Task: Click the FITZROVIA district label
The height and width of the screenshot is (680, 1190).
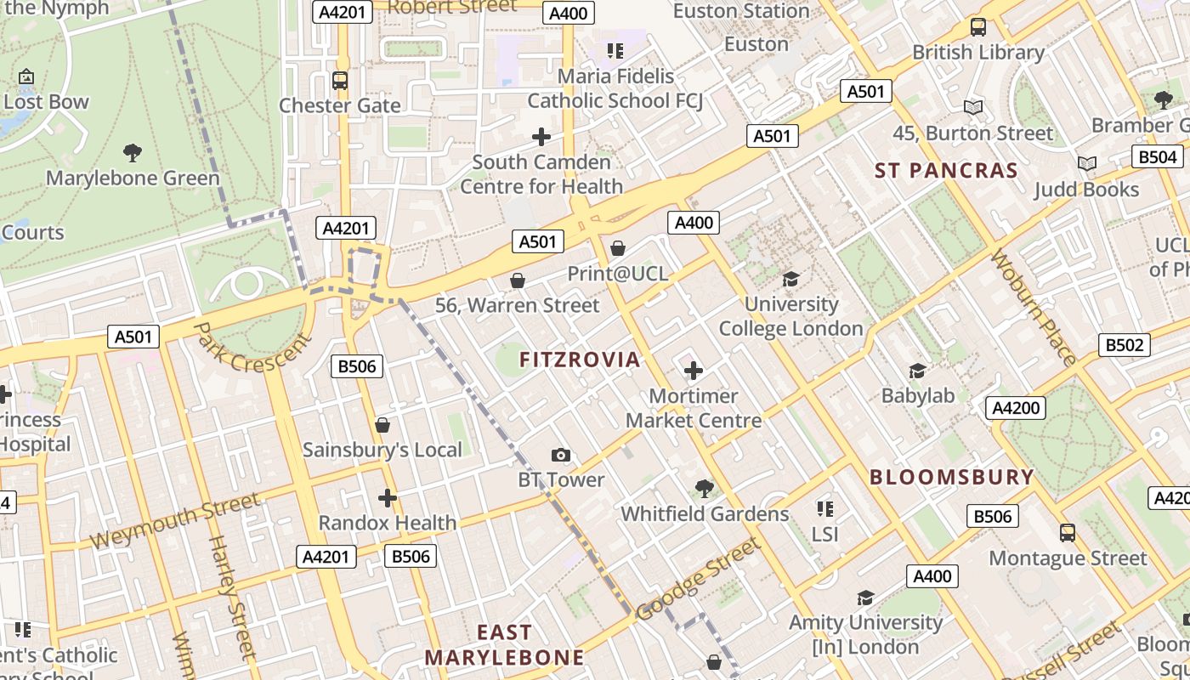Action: tap(580, 360)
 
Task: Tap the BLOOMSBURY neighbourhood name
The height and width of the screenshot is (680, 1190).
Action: tap(951, 477)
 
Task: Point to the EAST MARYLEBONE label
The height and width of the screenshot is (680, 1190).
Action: tap(505, 645)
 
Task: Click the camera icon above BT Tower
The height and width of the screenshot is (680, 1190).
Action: tap(561, 456)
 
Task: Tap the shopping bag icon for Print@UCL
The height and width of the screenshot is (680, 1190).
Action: tap(618, 248)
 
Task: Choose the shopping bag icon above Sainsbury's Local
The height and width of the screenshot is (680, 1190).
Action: tap(382, 425)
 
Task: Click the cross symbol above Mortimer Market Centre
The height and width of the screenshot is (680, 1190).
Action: tap(694, 371)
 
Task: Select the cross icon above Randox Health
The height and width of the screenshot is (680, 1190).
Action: tap(388, 498)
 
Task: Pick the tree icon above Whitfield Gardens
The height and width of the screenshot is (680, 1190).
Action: tap(704, 489)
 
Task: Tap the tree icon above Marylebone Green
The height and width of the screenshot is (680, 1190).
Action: tap(132, 153)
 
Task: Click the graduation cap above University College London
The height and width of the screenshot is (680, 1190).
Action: tap(790, 279)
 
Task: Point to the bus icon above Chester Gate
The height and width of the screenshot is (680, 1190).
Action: tap(340, 81)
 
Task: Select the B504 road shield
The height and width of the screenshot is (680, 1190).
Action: tap(1158, 157)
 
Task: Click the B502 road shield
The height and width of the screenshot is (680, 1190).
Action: tap(1124, 345)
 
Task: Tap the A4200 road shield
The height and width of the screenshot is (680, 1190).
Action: tap(1016, 408)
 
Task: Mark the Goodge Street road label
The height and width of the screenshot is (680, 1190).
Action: tap(697, 581)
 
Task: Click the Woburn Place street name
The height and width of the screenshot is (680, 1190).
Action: tap(1034, 307)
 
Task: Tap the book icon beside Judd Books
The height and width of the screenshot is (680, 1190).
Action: tap(1086, 163)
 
